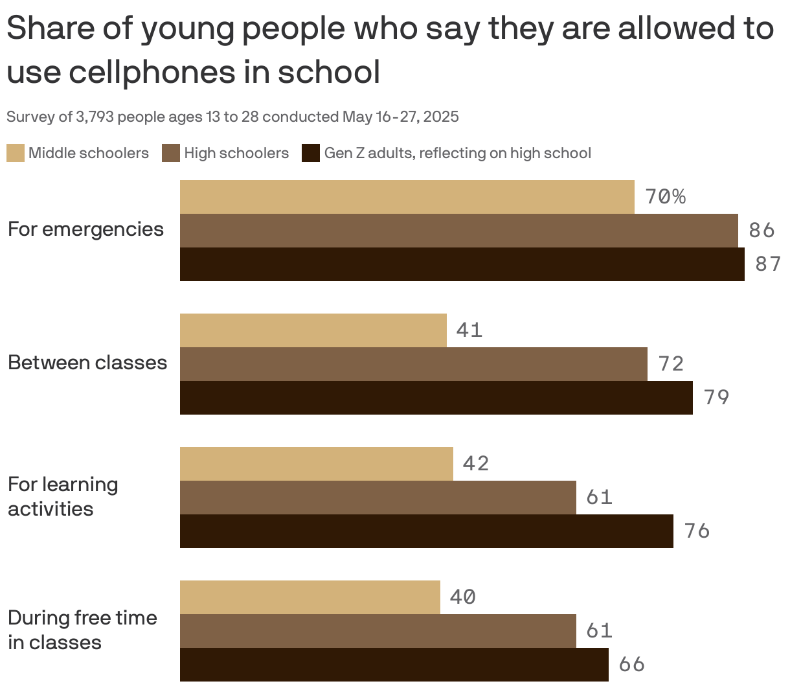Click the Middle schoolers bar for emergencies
(x=407, y=197)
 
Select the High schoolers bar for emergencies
(x=458, y=231)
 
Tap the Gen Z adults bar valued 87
(x=462, y=264)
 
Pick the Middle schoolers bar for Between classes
(x=313, y=330)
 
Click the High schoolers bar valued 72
(x=413, y=364)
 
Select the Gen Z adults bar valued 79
(x=436, y=398)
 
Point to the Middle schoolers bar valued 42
(x=316, y=464)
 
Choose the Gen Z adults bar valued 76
(x=426, y=531)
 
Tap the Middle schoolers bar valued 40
(x=310, y=597)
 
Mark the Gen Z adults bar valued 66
(x=394, y=665)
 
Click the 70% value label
(x=665, y=196)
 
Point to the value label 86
(x=762, y=230)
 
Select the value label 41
(x=469, y=330)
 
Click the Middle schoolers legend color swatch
(x=16, y=154)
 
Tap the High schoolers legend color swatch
(x=171, y=154)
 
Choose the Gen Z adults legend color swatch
(x=311, y=154)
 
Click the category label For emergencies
(x=85, y=229)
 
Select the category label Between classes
(x=87, y=363)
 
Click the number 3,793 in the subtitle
(x=95, y=117)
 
